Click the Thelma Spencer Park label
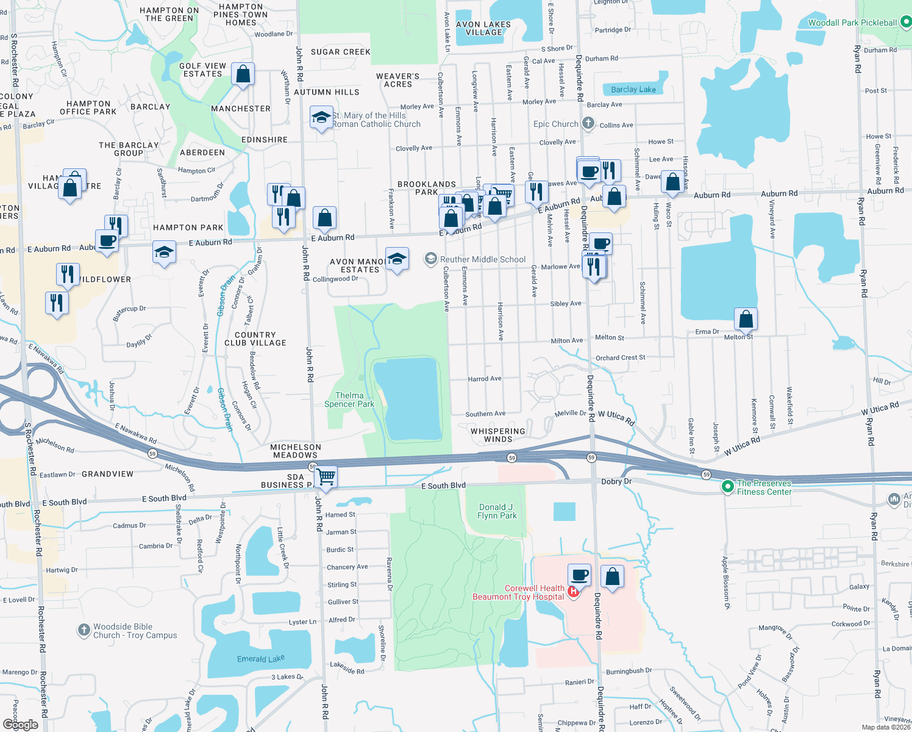pyautogui.click(x=349, y=400)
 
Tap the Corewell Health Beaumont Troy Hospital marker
pyautogui.click(x=573, y=592)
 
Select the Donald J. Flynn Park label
pyautogui.click(x=497, y=511)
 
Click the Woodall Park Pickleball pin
pyautogui.click(x=906, y=22)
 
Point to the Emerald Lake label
pyautogui.click(x=260, y=659)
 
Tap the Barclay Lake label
pyautogui.click(x=633, y=90)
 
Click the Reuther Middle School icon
pyautogui.click(x=431, y=259)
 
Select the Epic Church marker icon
pyautogui.click(x=588, y=123)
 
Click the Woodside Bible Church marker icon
pyautogui.click(x=84, y=630)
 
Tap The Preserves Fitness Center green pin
pyautogui.click(x=727, y=487)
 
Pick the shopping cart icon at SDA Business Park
pyautogui.click(x=326, y=476)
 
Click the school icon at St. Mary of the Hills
pyautogui.click(x=321, y=117)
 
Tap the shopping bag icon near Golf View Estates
pyautogui.click(x=243, y=74)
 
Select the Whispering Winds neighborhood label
pyautogui.click(x=497, y=435)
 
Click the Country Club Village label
pyautogui.click(x=255, y=339)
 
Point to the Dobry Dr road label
pyautogui.click(x=616, y=481)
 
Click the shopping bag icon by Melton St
pyautogui.click(x=746, y=318)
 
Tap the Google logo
pyautogui.click(x=21, y=724)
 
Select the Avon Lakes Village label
pyautogui.click(x=483, y=28)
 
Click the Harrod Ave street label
pyautogui.click(x=485, y=379)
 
